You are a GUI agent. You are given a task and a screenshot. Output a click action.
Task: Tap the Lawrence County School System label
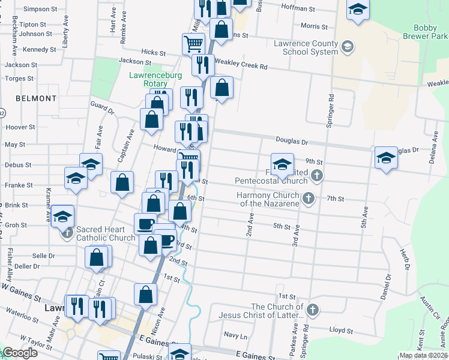pyautogui.click(x=306, y=47)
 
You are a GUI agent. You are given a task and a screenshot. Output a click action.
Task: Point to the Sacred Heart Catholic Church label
pyautogui.click(x=105, y=233)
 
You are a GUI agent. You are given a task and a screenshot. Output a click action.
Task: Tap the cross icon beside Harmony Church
pyautogui.click(x=308, y=198)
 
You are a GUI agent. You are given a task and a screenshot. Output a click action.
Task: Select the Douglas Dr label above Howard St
pyautogui.click(x=292, y=142)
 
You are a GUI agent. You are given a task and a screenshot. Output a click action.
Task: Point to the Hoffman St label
pyautogui.click(x=298, y=9)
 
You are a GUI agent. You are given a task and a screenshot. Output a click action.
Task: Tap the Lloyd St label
pyautogui.click(x=341, y=330)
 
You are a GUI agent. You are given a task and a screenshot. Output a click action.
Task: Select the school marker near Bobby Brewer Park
pyautogui.click(x=358, y=11)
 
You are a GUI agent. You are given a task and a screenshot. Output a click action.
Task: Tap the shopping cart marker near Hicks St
pyautogui.click(x=193, y=43)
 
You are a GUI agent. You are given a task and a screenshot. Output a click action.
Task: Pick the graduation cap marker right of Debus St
pyautogui.click(x=90, y=164)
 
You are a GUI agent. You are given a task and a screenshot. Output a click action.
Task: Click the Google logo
pyautogui.click(x=20, y=353)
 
